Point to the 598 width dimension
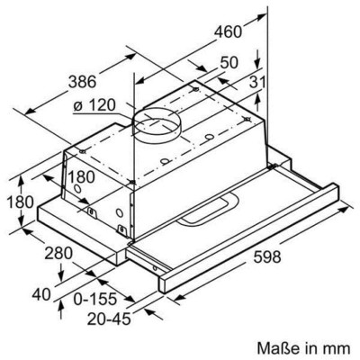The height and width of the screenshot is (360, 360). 255,256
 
